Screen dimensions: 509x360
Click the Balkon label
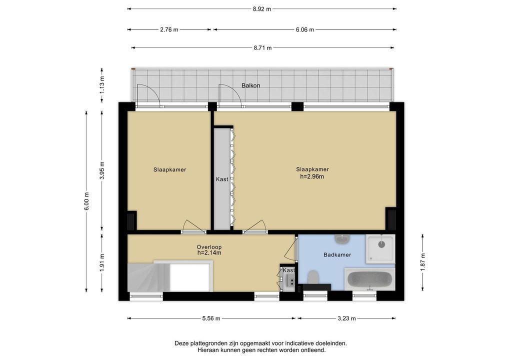pyautogui.click(x=250, y=85)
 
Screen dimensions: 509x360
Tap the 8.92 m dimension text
pyautogui.click(x=262, y=9)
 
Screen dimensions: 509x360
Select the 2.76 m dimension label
pyautogui.click(x=169, y=30)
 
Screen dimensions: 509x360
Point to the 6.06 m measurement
pyautogui.click(x=305, y=30)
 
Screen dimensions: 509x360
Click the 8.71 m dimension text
pyautogui.click(x=262, y=48)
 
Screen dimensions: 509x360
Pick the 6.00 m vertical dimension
pyautogui.click(x=86, y=201)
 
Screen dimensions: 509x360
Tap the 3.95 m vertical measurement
pyautogui.click(x=102, y=170)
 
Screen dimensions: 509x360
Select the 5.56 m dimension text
pyautogui.click(x=211, y=318)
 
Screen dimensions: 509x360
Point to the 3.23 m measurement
pyautogui.click(x=346, y=318)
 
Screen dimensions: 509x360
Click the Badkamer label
pyautogui.click(x=337, y=255)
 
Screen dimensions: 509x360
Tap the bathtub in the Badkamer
pyautogui.click(x=369, y=279)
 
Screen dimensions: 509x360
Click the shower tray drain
pyautogui.click(x=381, y=244)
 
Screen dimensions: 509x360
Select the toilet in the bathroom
pyautogui.click(x=313, y=277)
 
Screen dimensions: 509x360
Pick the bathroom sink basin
pyautogui.click(x=342, y=239)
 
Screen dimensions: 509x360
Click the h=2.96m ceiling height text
pyautogui.click(x=312, y=177)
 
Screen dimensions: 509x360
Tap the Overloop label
pyautogui.click(x=209, y=247)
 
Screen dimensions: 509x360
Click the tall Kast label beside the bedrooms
pyautogui.click(x=222, y=179)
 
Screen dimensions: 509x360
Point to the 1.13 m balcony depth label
pyautogui.click(x=102, y=84)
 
